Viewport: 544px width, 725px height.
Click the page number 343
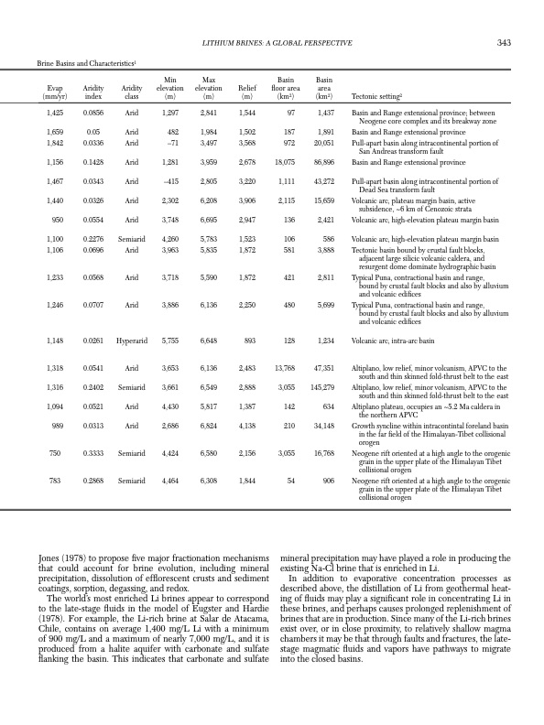click(504, 43)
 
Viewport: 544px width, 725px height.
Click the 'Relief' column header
click(246, 88)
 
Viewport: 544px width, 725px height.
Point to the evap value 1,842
click(54, 143)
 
